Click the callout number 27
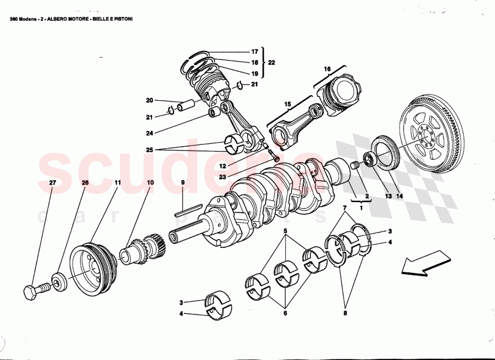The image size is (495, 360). (x=52, y=183)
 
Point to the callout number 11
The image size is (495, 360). (x=117, y=183)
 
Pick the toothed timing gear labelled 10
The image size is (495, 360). (x=143, y=251)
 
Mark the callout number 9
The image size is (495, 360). (x=183, y=183)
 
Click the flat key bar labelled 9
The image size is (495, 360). (x=188, y=210)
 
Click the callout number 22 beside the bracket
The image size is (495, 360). (x=271, y=62)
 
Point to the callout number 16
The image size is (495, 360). (x=327, y=69)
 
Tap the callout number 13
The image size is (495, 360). (x=388, y=196)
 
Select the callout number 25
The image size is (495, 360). (x=149, y=149)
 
